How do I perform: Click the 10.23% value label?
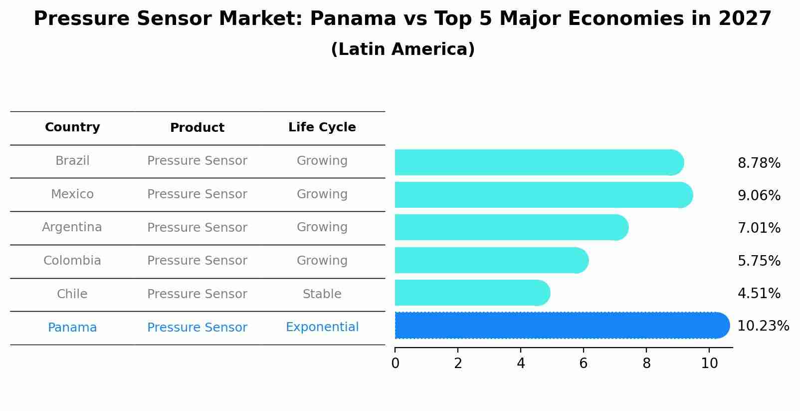[x=763, y=326]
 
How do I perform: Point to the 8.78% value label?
[x=759, y=163]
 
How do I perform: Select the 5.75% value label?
[x=759, y=261]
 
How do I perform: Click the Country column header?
[x=72, y=127]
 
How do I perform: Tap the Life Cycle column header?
[x=322, y=127]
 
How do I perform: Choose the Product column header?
[x=197, y=128]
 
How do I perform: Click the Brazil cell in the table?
[x=72, y=161]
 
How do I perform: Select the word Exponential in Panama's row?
[x=322, y=327]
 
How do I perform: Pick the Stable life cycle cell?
[x=322, y=294]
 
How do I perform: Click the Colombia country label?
[x=72, y=261]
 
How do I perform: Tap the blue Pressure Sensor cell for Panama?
[x=197, y=328]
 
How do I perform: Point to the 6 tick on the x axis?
[x=583, y=363]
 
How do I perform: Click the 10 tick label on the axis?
[x=709, y=363]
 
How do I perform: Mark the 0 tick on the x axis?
[x=395, y=363]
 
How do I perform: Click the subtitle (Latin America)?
[x=402, y=49]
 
